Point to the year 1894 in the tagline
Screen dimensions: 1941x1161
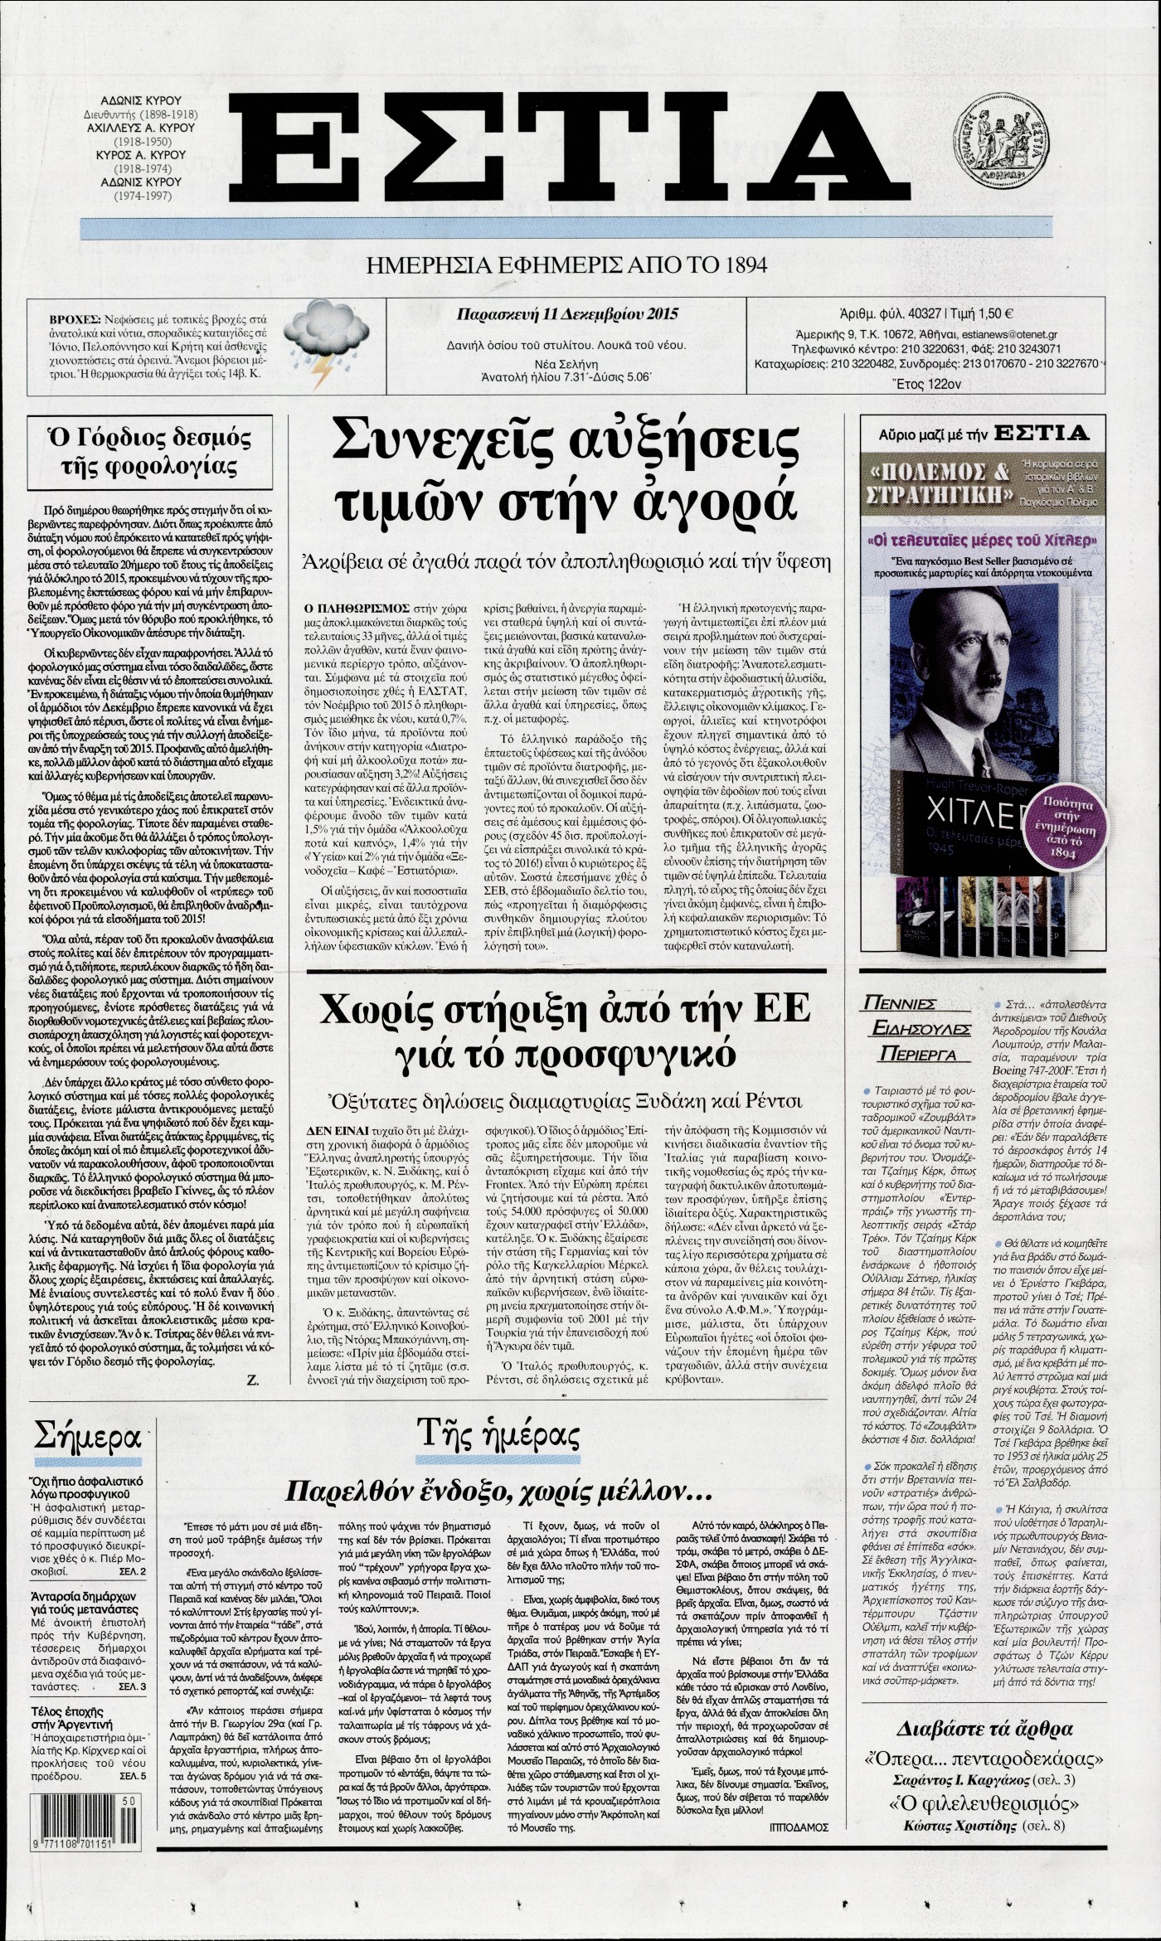point(744,265)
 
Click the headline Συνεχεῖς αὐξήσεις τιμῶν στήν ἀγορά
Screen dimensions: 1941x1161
point(568,480)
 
